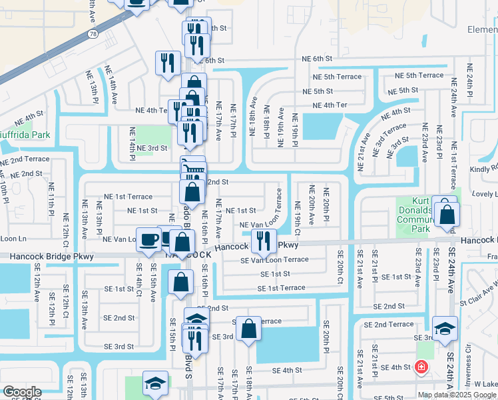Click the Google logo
point(22,392)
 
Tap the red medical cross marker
point(421,367)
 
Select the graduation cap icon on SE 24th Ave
point(445,327)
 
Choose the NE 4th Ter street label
point(325,105)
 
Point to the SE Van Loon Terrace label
point(274,260)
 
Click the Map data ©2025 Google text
point(456,394)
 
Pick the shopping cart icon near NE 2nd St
point(192,168)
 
